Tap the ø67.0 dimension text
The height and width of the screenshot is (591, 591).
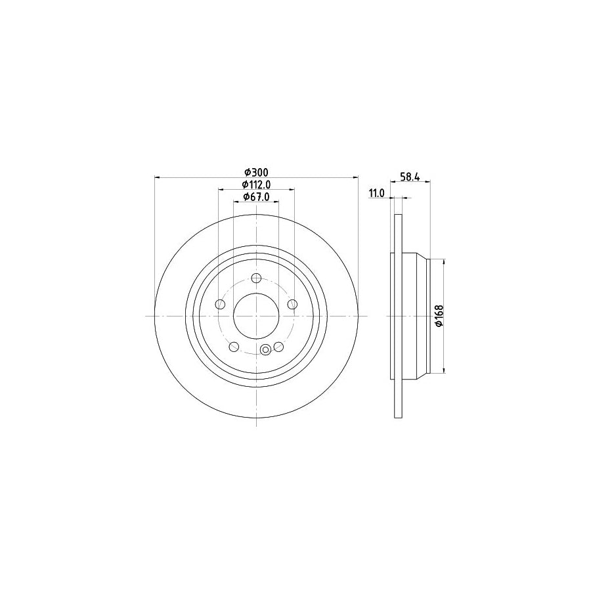point(256,197)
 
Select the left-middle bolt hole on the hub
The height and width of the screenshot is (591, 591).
point(221,304)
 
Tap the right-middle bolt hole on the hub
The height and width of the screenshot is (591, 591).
point(292,304)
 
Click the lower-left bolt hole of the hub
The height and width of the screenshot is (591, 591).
point(234,346)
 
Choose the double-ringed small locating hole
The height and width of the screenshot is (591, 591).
point(265,350)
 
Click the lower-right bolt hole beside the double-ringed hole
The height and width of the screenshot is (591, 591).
point(278,346)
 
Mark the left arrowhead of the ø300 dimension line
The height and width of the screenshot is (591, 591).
point(156,177)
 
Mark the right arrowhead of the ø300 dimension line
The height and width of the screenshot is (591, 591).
point(356,177)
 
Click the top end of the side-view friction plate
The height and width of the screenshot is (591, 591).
point(397,217)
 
